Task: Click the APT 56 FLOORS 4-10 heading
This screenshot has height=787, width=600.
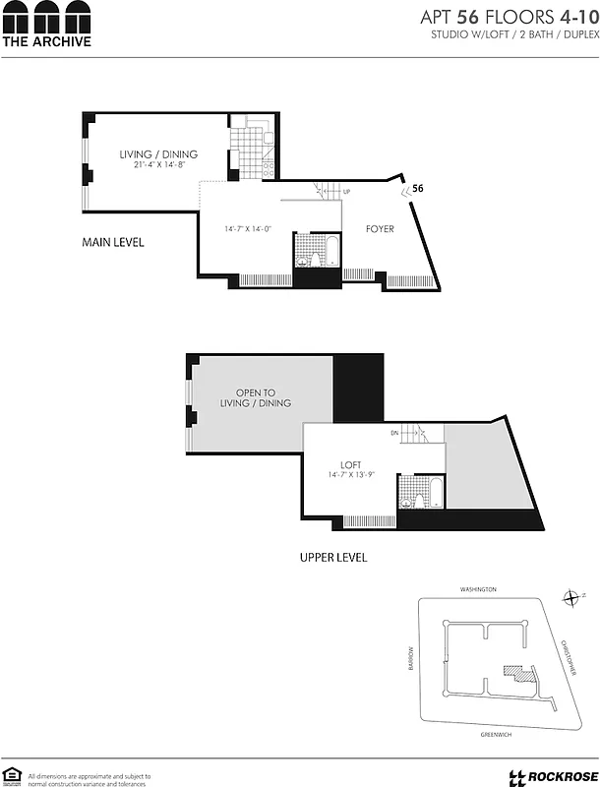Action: [510, 17]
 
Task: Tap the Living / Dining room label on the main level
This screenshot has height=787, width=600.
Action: [158, 154]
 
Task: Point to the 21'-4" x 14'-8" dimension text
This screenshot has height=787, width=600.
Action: [158, 165]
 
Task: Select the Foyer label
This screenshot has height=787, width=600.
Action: [380, 229]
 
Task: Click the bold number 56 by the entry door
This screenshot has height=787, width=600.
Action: [418, 188]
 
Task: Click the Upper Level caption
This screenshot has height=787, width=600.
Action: [332, 558]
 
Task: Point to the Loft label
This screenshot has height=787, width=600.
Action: [351, 465]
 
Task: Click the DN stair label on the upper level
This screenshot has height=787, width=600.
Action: [394, 433]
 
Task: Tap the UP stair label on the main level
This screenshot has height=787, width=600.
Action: [346, 192]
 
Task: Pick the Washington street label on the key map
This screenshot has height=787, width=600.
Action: [478, 589]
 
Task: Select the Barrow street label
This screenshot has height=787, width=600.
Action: [412, 658]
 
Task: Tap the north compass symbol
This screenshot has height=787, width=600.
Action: [570, 597]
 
